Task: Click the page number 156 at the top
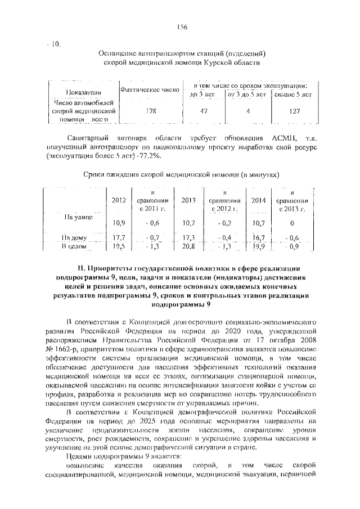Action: coord(182,28)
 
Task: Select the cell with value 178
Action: coord(150,111)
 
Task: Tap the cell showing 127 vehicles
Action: coord(293,111)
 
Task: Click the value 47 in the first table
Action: coord(204,111)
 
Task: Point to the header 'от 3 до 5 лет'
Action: coord(246,94)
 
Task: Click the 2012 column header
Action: coord(119,200)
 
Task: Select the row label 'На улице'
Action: coord(76,216)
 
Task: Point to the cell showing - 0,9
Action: coord(292,246)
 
